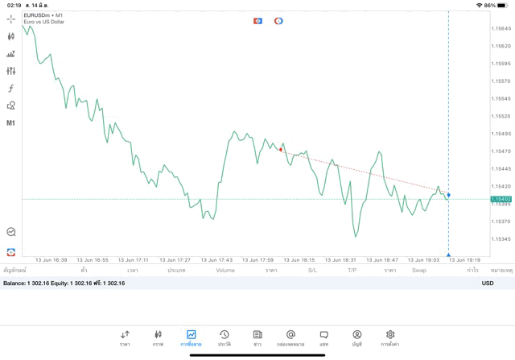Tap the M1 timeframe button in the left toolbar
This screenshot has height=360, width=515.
[x=11, y=123]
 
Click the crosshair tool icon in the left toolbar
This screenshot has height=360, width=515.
[x=11, y=19]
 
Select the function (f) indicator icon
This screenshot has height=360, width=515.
[x=11, y=89]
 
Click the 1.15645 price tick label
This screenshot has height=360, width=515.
[x=502, y=28]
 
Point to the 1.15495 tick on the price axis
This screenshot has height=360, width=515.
[x=502, y=134]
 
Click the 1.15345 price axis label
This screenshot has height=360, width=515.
[x=502, y=239]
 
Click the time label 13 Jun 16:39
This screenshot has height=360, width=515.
[x=51, y=260]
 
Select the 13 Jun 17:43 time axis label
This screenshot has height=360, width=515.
[x=216, y=260]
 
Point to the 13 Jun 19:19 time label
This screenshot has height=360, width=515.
[x=464, y=260]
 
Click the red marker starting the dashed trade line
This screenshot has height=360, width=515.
[x=281, y=150]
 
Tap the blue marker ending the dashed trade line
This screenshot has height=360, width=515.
[x=448, y=195]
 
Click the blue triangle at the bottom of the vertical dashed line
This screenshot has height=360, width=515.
[x=448, y=254]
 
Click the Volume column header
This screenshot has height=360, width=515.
[x=225, y=271]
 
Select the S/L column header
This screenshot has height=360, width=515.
[x=312, y=271]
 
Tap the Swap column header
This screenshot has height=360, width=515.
[x=419, y=271]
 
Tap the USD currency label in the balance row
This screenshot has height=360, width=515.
[x=488, y=283]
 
